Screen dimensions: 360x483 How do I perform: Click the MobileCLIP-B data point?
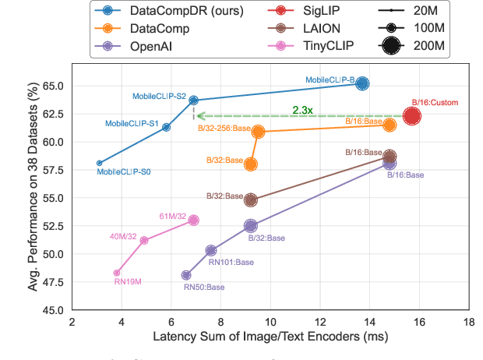coord(362,83)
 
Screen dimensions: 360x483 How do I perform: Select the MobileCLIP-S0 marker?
coord(99,163)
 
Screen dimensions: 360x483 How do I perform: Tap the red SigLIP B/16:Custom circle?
coord(412,116)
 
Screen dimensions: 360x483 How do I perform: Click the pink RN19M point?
coord(117,273)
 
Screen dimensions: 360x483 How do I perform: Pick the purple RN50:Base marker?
coord(186,275)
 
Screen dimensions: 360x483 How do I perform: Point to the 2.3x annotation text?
coord(302,110)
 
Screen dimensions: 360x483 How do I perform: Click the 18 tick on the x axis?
coord(469,322)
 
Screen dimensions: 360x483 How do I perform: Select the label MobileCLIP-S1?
coord(132,123)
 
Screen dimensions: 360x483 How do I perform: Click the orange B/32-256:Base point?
coord(258,132)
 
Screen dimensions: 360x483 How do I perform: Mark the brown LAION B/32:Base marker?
coord(251,199)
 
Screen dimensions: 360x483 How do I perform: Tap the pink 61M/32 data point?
coord(193,221)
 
